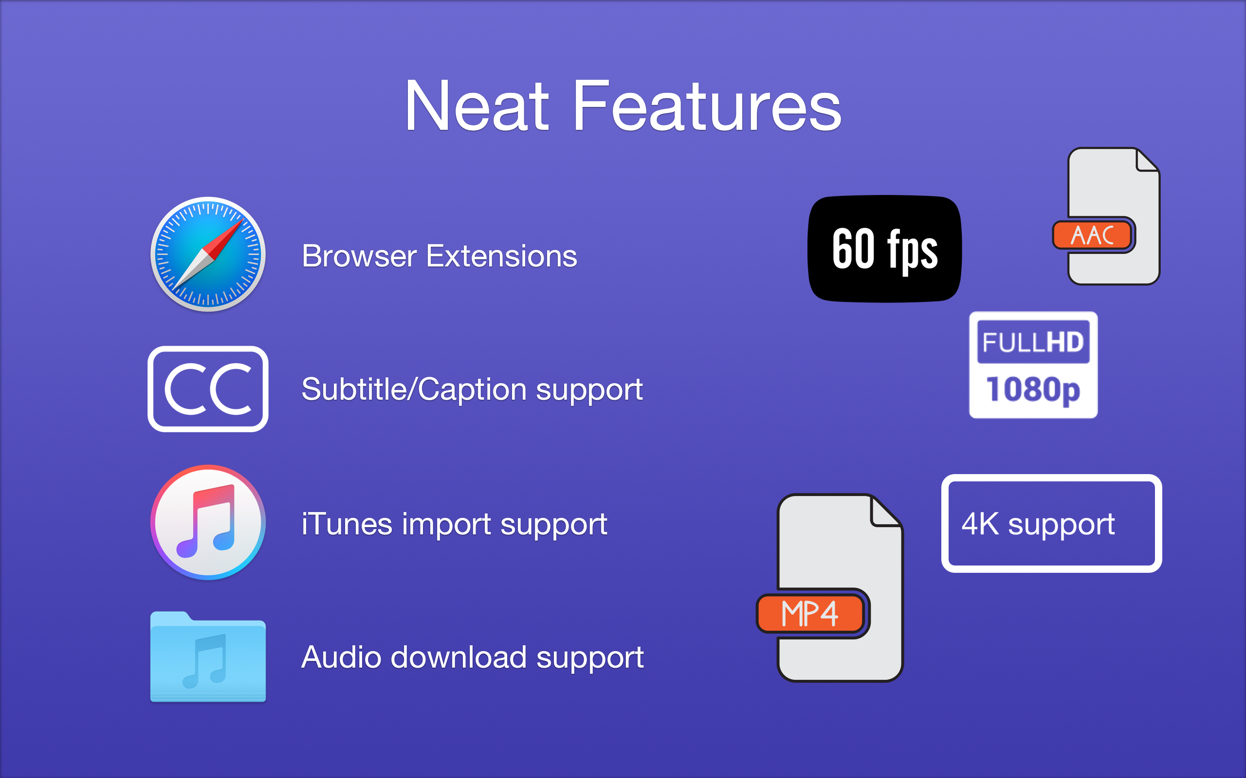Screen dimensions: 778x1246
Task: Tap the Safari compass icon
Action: [208, 254]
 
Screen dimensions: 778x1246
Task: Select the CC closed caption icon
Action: [208, 389]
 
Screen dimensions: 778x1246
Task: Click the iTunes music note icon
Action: [208, 522]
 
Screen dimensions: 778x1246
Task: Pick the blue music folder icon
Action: [208, 657]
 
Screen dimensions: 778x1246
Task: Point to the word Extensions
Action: [501, 256]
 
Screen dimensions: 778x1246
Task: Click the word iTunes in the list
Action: [347, 524]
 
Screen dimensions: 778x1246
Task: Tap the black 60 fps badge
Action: [884, 249]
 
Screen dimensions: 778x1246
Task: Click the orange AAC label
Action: [1093, 236]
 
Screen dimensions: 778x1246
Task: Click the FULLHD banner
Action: [1033, 342]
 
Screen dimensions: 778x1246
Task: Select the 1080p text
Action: [1033, 389]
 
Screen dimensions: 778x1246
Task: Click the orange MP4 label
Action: [809, 613]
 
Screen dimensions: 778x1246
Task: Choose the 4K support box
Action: [1051, 523]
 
